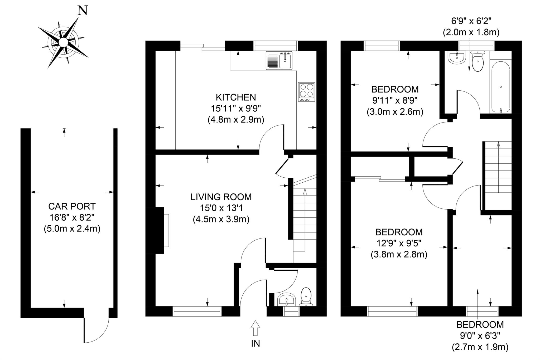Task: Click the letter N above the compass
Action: (83, 11)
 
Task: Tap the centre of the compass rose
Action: (63, 42)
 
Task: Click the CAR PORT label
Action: (72, 206)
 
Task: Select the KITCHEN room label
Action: (236, 97)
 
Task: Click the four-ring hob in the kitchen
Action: (307, 92)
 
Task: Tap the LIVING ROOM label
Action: (221, 197)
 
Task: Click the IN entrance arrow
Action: (255, 328)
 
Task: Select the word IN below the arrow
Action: (255, 343)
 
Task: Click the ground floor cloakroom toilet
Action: (306, 296)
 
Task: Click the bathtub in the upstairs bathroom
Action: (500, 87)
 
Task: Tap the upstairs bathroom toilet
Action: (478, 61)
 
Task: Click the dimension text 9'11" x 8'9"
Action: (395, 101)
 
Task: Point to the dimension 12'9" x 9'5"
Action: (399, 243)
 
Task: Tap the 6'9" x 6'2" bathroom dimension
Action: (471, 21)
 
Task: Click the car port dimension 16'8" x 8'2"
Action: (72, 217)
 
